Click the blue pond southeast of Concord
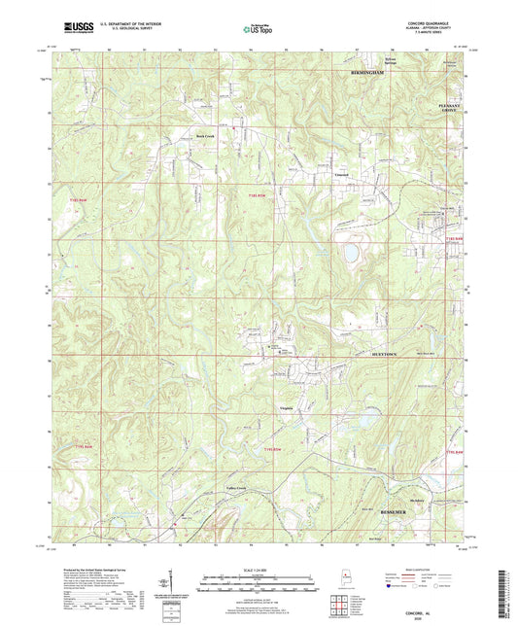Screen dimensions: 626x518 (346, 254)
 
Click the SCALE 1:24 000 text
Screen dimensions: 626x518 (257, 570)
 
